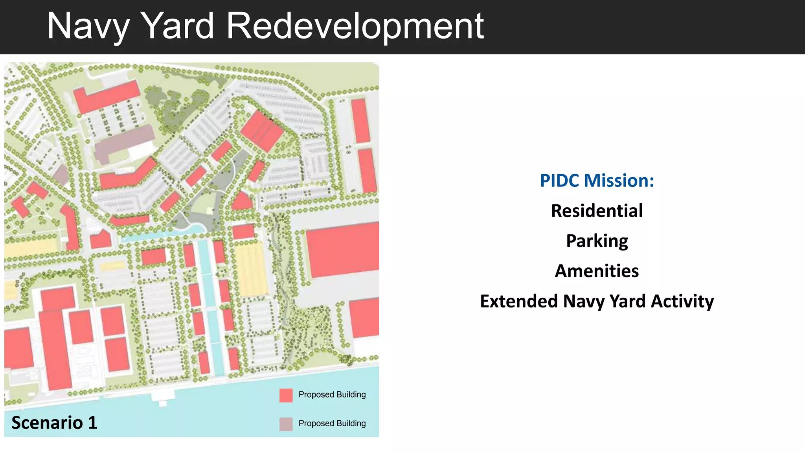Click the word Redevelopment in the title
[355, 26]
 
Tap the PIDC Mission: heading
[597, 180]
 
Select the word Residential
[597, 211]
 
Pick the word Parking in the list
[597, 241]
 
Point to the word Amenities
[597, 271]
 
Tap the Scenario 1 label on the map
[54, 423]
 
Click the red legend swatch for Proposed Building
[286, 395]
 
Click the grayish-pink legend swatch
[286, 424]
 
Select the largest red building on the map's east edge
[342, 250]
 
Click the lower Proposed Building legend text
[332, 424]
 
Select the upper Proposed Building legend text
[332, 394]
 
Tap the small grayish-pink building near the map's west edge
[61, 174]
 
